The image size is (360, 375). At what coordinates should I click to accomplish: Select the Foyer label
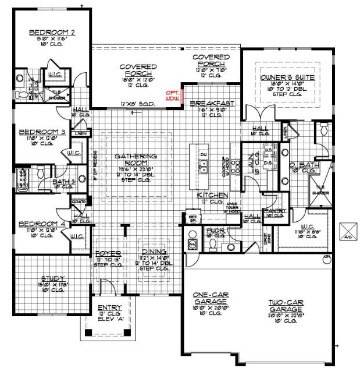[x=108, y=254]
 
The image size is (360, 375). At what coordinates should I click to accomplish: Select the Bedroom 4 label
[x=38, y=224]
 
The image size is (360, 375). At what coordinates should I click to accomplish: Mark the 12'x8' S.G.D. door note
[x=137, y=104]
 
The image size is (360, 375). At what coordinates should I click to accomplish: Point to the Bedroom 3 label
[x=38, y=132]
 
